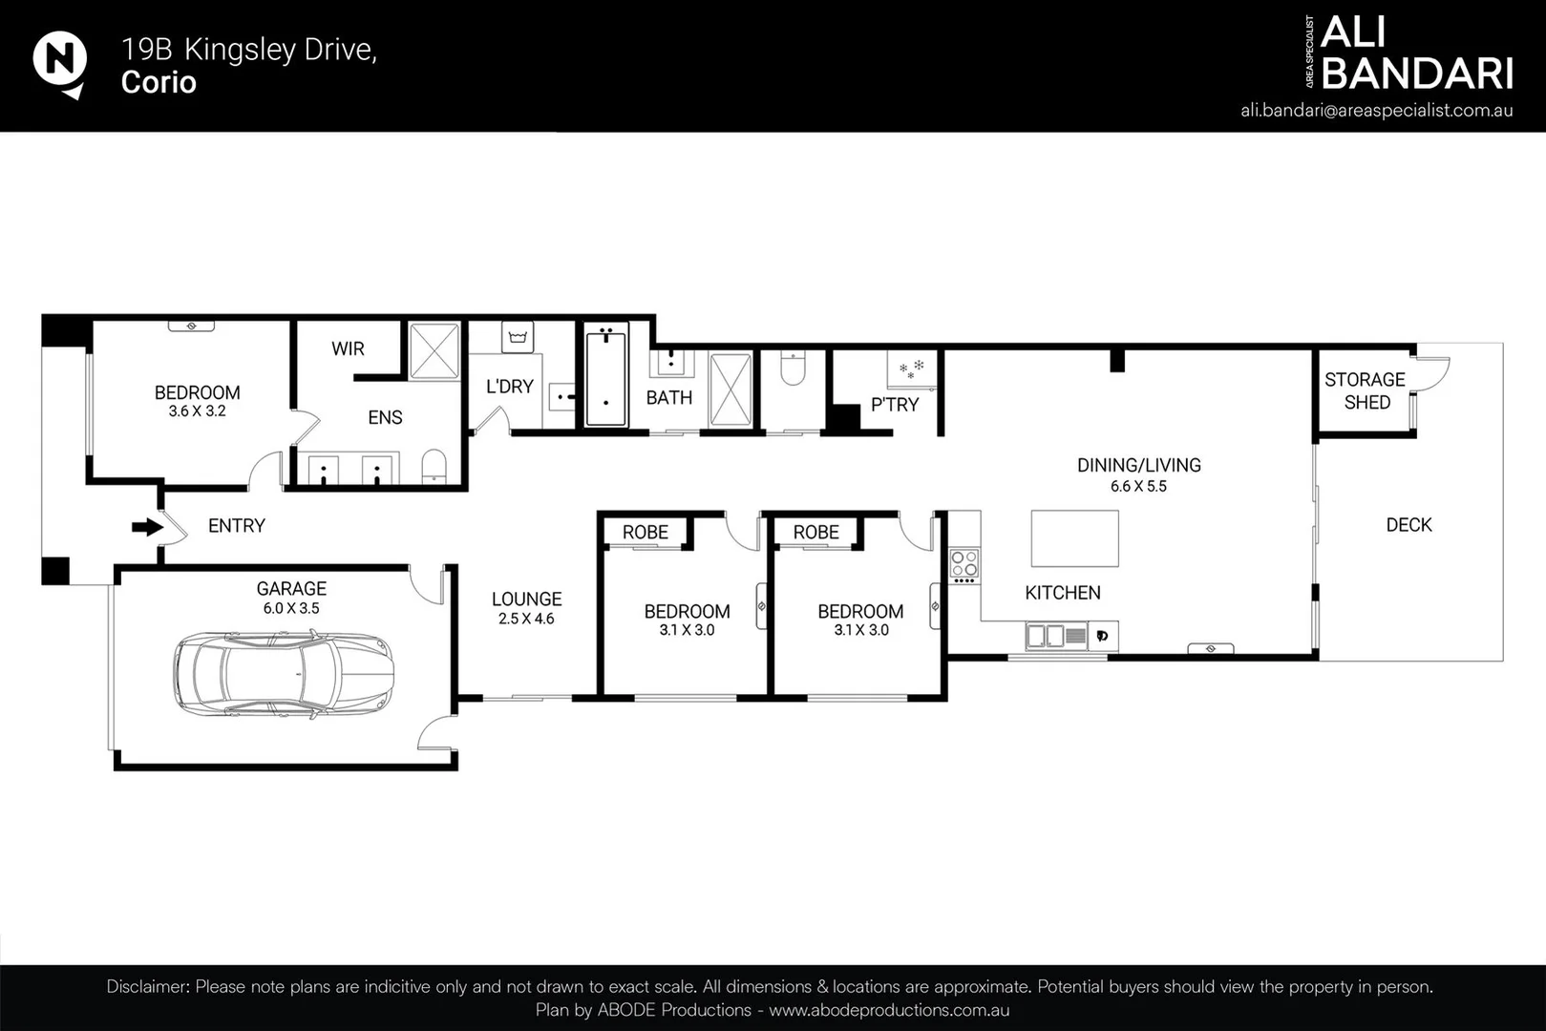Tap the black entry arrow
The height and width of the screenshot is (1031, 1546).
click(147, 527)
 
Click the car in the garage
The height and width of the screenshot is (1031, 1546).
click(284, 674)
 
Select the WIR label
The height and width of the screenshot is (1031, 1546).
click(348, 348)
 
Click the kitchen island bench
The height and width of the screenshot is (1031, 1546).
click(1074, 538)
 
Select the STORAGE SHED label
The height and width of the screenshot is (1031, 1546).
click(1366, 390)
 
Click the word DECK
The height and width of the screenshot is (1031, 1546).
click(1408, 525)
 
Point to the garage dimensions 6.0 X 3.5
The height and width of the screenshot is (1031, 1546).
click(290, 609)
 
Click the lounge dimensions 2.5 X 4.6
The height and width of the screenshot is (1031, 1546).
click(526, 619)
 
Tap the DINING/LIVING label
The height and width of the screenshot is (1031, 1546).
click(1139, 465)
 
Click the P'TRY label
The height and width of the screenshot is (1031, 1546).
click(895, 405)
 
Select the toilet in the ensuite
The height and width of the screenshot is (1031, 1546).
click(434, 467)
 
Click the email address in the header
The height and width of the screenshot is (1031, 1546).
click(1377, 111)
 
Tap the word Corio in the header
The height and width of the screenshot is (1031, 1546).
click(159, 82)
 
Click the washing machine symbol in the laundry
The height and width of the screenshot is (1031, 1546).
click(518, 337)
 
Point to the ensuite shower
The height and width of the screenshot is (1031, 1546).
click(434, 350)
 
